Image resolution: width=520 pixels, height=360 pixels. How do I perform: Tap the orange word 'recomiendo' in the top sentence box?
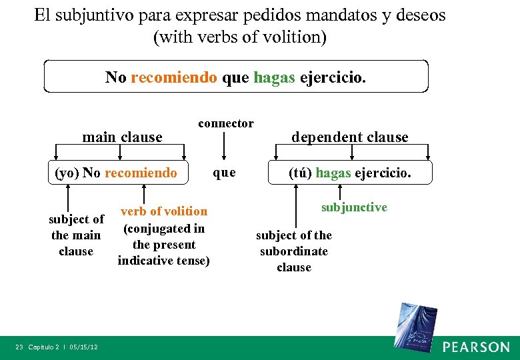[x=174, y=77]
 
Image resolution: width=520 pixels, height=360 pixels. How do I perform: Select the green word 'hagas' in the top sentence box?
[x=274, y=77]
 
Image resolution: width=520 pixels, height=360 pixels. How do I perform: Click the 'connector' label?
[x=226, y=123]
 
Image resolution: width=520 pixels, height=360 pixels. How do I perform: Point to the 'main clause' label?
[x=122, y=137]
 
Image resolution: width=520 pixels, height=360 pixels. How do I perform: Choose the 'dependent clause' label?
[x=350, y=137]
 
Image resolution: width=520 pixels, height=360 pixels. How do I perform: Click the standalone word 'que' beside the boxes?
[x=224, y=173]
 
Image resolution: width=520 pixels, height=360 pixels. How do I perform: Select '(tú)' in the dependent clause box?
[x=300, y=173]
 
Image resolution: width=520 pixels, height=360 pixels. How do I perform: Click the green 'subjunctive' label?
[x=354, y=207]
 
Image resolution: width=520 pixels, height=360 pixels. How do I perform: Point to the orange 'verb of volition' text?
[x=164, y=211]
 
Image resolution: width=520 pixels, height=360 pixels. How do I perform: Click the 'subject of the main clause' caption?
[x=76, y=235]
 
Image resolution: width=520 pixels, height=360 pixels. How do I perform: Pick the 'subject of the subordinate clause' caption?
[x=294, y=251]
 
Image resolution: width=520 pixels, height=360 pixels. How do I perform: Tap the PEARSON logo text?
[x=476, y=347]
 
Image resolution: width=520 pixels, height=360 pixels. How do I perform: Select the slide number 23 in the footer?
[x=19, y=347]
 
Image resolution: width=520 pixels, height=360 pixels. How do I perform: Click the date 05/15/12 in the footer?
[x=83, y=347]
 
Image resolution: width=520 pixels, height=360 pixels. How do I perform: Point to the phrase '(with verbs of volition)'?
[x=240, y=37]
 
